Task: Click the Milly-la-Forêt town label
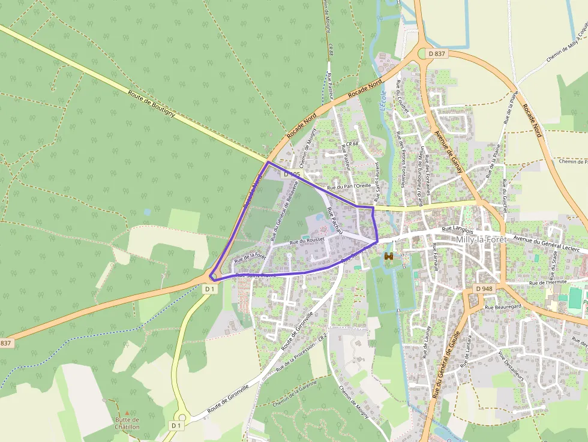[x=482, y=239]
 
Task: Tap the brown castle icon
[x=389, y=257]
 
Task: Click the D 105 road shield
[x=292, y=174]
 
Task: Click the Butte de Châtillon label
[x=127, y=423]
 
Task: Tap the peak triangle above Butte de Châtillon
[x=127, y=413]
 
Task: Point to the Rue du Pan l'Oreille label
[x=346, y=186]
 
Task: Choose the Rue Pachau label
[x=335, y=221]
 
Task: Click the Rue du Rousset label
[x=307, y=240]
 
